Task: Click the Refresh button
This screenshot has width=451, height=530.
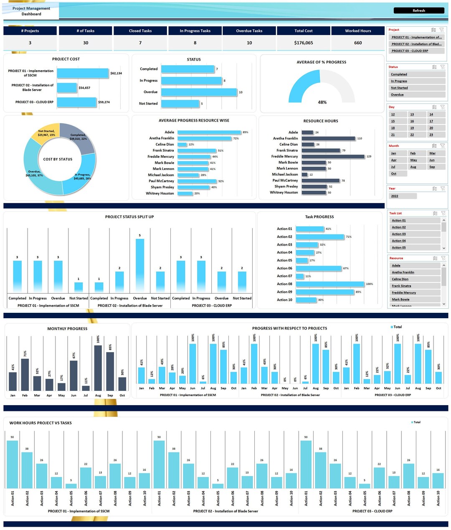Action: click(x=418, y=10)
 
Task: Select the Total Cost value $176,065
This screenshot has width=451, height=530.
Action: click(x=303, y=43)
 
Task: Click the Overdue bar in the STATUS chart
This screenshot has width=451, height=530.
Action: click(x=199, y=92)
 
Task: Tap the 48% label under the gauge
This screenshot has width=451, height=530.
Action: click(x=322, y=102)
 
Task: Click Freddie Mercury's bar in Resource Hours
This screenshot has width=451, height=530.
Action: click(x=333, y=157)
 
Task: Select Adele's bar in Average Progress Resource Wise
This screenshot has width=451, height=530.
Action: click(x=209, y=132)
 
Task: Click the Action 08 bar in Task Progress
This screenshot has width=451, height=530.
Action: click(x=329, y=284)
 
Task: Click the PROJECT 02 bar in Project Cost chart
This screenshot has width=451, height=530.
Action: click(x=67, y=88)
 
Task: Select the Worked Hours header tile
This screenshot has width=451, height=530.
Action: click(x=358, y=31)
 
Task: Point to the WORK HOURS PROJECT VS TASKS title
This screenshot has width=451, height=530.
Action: click(x=41, y=423)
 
